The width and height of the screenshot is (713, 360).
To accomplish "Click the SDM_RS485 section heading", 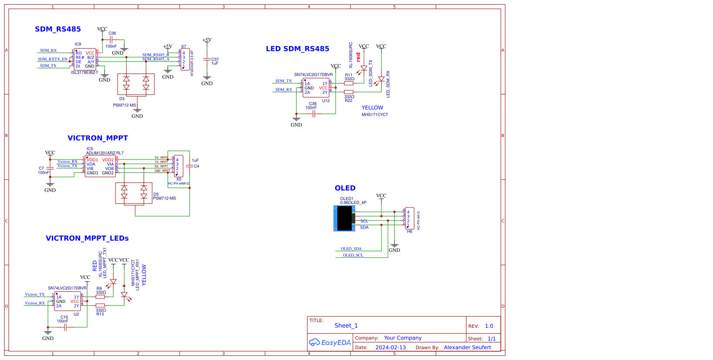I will tap(58, 29).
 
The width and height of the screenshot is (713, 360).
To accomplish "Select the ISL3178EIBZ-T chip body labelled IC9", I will tap(85, 60).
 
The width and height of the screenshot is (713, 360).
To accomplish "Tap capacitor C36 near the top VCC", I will tap(111, 40).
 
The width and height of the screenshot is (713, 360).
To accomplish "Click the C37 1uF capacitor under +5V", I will tap(207, 60).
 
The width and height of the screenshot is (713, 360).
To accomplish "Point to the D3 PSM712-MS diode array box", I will tap(136, 84).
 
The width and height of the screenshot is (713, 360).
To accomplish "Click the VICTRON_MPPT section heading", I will tap(98, 138).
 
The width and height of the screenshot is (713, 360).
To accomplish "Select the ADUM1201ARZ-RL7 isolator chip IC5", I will tap(100, 166).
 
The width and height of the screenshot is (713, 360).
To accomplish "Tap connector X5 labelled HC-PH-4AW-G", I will tap(179, 166).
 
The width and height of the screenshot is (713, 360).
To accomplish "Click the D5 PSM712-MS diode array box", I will tap(134, 193).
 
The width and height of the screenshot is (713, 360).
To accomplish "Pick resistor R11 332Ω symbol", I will tap(349, 83).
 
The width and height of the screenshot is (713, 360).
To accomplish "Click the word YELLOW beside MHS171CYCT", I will tap(372, 108).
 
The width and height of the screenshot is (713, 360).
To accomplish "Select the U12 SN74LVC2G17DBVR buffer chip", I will tap(316, 88).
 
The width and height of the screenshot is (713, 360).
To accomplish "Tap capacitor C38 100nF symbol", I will tap(313, 114).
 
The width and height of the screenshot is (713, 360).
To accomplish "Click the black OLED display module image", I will tap(344, 218).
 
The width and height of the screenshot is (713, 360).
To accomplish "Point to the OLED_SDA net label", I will tap(351, 249).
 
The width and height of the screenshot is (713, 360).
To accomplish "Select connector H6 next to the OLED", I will tap(409, 218).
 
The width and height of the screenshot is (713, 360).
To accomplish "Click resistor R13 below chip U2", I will tap(100, 306).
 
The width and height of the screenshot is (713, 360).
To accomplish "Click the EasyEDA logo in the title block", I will tap(330, 343).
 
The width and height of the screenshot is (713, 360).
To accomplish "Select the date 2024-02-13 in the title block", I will tap(390, 347).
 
